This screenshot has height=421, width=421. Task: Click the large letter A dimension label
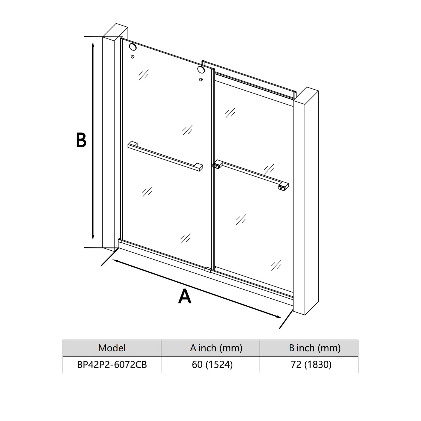pos(184,297)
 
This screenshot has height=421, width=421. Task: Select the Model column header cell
pos(112,348)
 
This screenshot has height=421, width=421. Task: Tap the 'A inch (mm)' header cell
pos(216,348)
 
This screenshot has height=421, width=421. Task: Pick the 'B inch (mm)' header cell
pos(314,348)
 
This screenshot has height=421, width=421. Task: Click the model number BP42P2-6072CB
pos(112,365)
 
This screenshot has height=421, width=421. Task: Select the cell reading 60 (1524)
pos(212,365)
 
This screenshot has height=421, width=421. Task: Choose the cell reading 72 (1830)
pos(311,365)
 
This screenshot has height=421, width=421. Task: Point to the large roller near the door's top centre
pos(201,69)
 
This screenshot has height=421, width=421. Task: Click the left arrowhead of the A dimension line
pos(115,261)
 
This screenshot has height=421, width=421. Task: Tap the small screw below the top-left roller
pos(132,57)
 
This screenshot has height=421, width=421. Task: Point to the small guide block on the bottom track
pos(208,269)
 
